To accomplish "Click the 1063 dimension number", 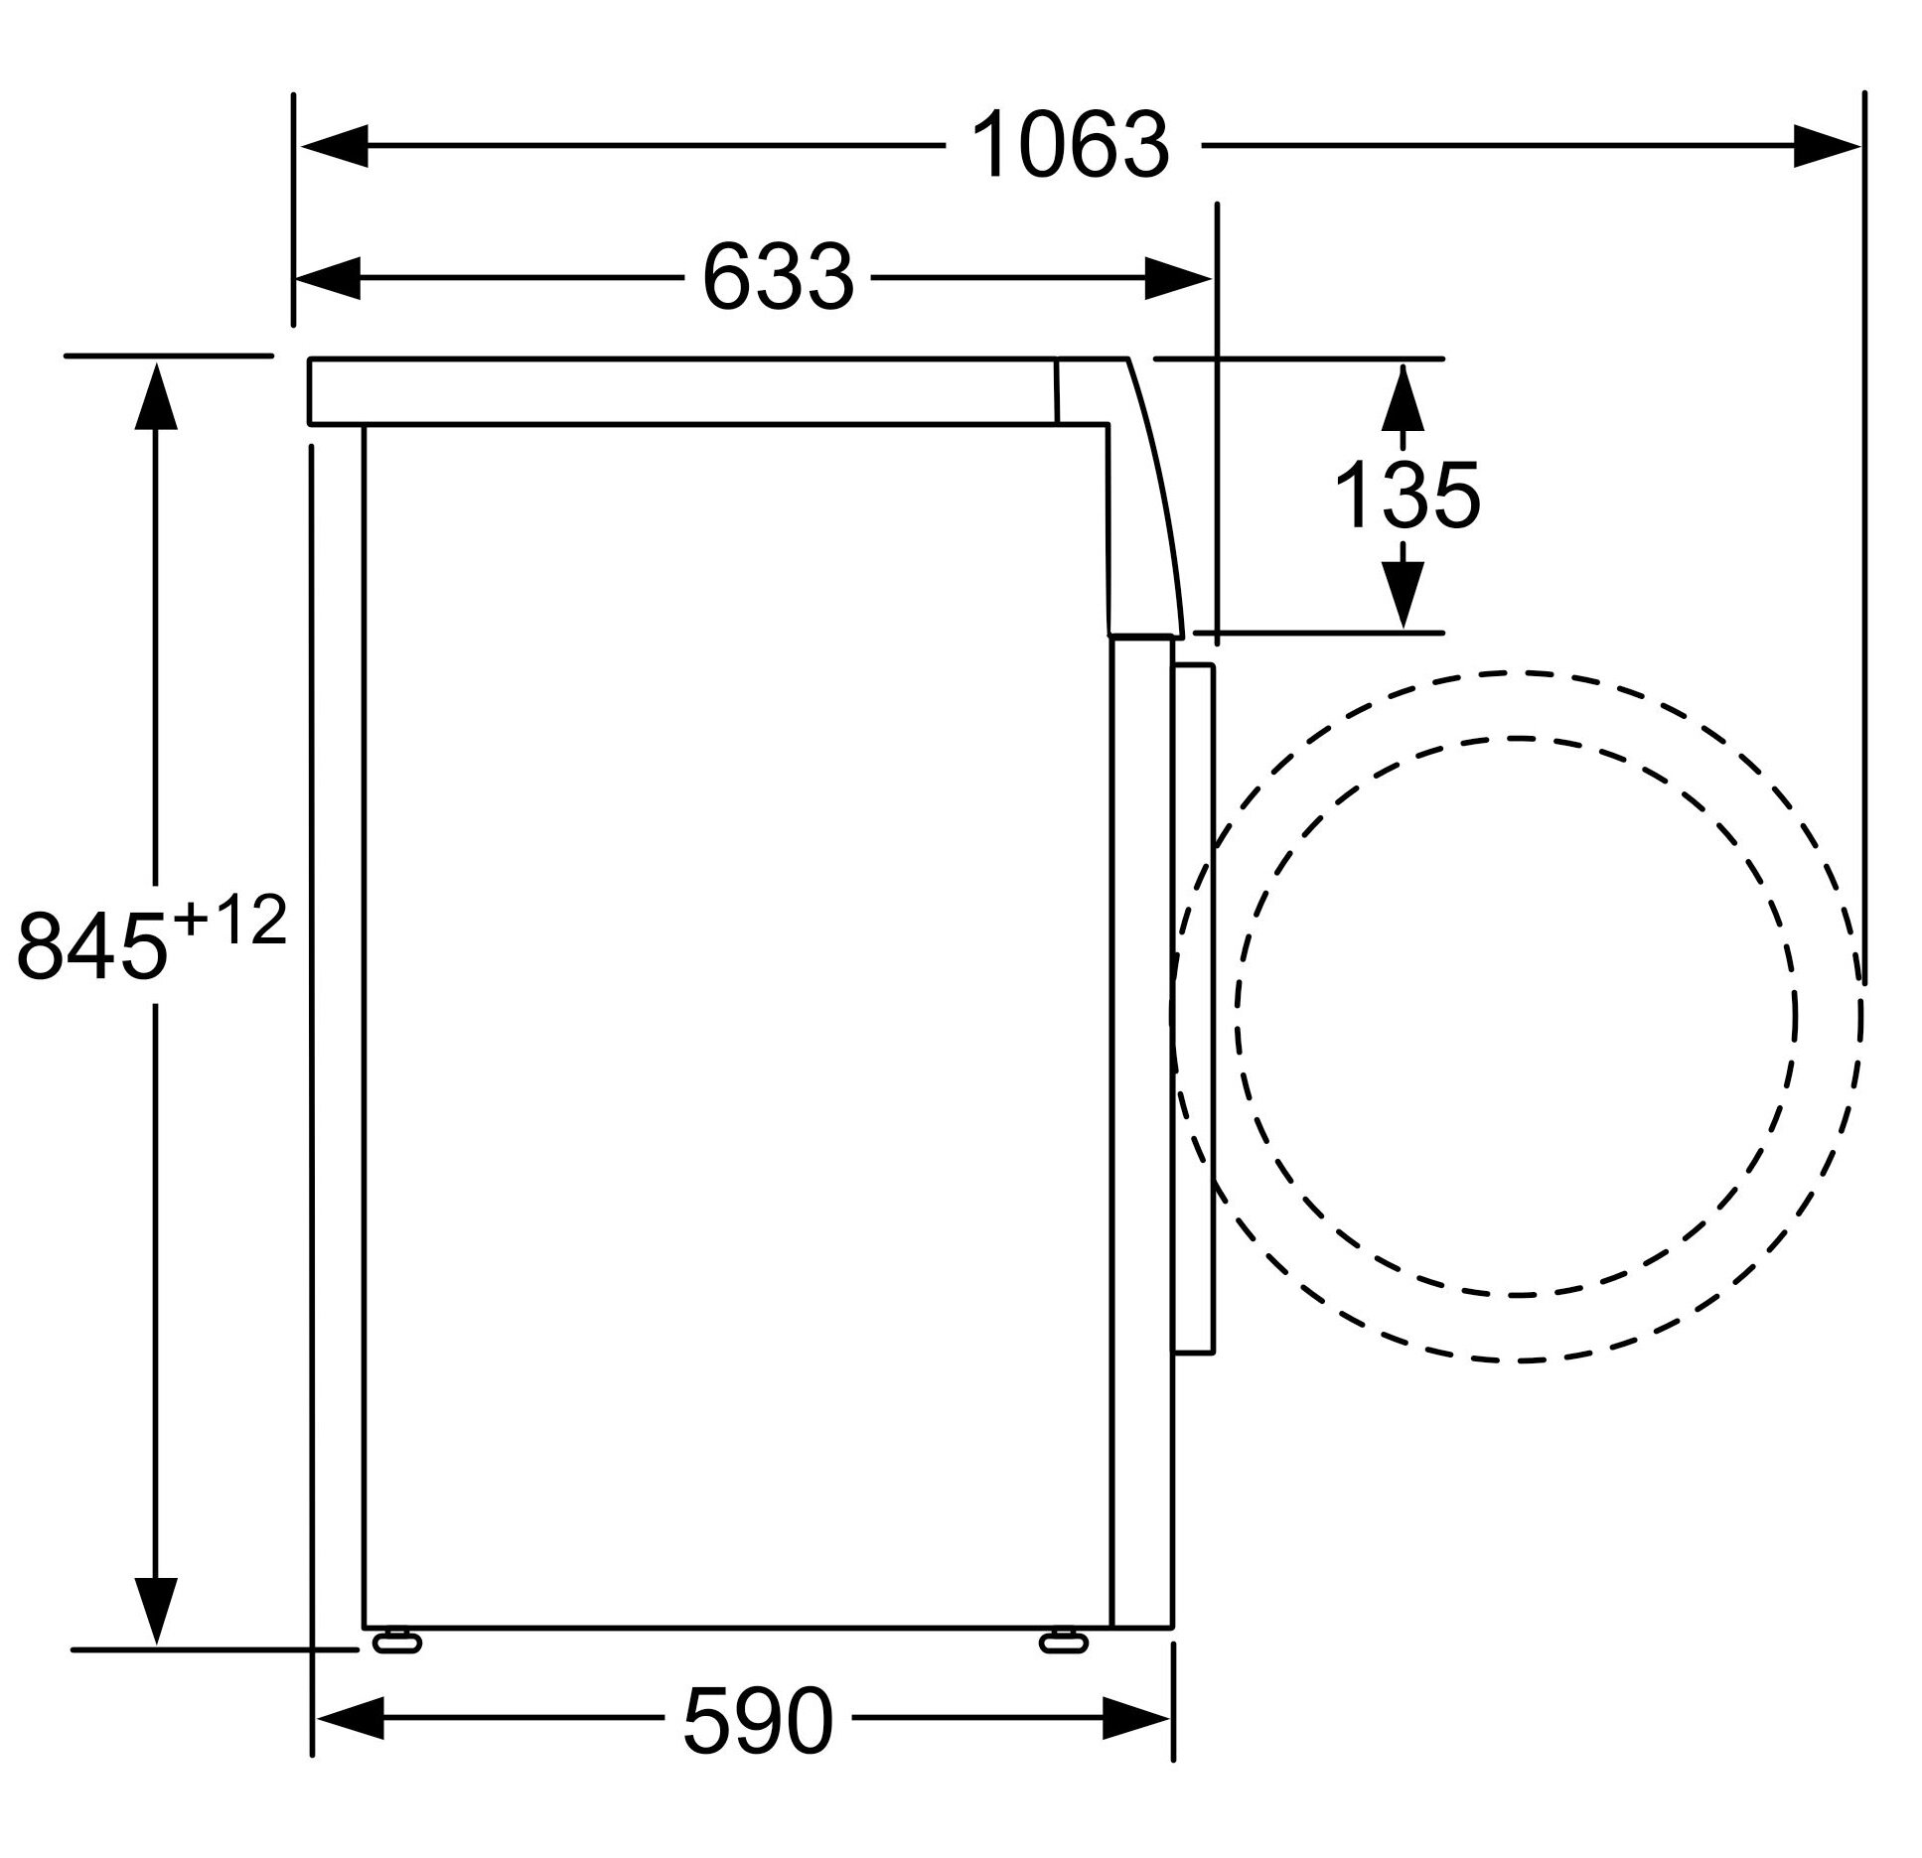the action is point(1070,146).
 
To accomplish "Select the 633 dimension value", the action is point(778,278).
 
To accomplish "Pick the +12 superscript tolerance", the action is point(229,920).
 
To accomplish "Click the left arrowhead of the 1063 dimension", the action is point(335,147).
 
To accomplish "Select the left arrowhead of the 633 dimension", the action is point(328,278).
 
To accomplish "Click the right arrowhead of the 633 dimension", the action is point(1179,278).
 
